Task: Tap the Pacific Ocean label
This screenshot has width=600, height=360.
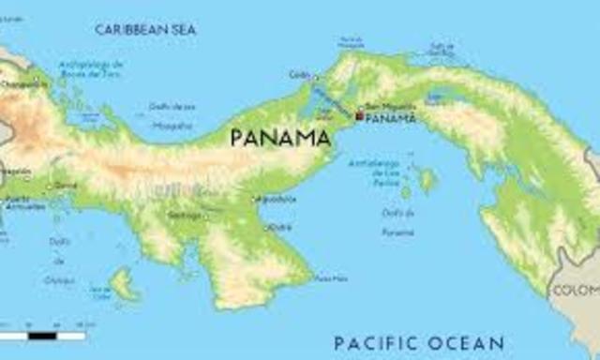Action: (419, 342)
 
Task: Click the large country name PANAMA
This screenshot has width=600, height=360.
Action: (279, 139)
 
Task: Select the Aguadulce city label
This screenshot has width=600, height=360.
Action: (275, 199)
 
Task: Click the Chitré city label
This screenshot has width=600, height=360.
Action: (279, 227)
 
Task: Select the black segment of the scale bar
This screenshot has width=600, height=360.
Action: (42, 335)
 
